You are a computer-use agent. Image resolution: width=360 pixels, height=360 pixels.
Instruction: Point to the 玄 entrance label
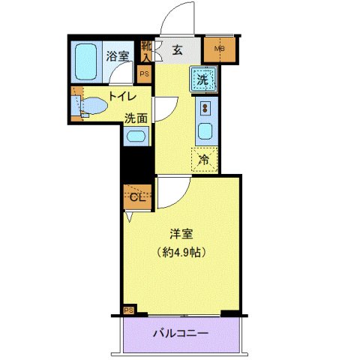pos(177,50)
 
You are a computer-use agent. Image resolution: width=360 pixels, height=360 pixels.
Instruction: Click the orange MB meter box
pos(220,50)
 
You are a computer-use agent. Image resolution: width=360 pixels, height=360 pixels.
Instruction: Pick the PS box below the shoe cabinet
pos(145,74)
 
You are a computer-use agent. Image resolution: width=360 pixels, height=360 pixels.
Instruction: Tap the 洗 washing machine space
pos(204,77)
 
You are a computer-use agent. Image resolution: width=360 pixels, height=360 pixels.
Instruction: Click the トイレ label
pos(121,95)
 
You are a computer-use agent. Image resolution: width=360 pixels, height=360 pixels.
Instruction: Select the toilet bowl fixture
pos(91,106)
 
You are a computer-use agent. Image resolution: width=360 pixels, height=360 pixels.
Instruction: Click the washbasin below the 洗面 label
pos(136,136)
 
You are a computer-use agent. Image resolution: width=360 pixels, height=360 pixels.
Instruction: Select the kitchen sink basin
pos(205,133)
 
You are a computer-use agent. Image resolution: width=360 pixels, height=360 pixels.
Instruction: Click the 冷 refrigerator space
pos(204,158)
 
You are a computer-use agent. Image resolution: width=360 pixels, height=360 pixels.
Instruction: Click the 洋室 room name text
pos(178,235)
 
